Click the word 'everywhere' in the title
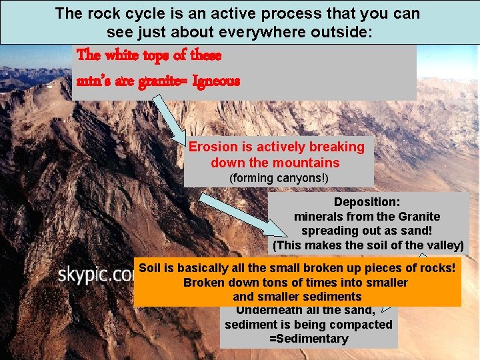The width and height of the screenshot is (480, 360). (x=287, y=31)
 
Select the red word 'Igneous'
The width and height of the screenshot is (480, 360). (x=216, y=81)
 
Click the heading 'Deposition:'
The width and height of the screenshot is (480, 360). (x=367, y=201)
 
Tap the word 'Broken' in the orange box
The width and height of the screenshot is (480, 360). (x=202, y=283)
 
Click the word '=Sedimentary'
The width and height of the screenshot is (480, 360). (x=308, y=339)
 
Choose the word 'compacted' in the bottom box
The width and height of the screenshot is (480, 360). (x=364, y=325)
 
